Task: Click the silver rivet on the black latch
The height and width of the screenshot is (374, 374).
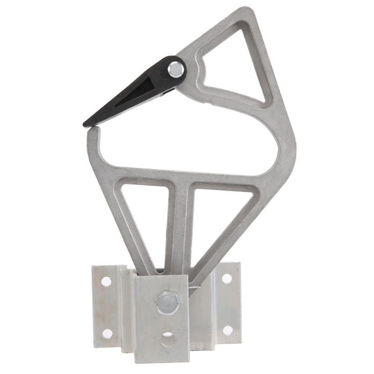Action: [x=176, y=70]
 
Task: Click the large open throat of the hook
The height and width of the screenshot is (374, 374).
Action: [x=187, y=140]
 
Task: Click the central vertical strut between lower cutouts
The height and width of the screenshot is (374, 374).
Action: [x=180, y=224]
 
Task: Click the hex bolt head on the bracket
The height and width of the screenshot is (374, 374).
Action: [x=167, y=302]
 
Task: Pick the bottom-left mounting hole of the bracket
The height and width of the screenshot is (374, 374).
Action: [x=107, y=333]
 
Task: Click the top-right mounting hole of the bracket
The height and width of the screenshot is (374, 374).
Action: [x=227, y=279]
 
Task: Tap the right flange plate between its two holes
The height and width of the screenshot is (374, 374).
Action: [x=228, y=304]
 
